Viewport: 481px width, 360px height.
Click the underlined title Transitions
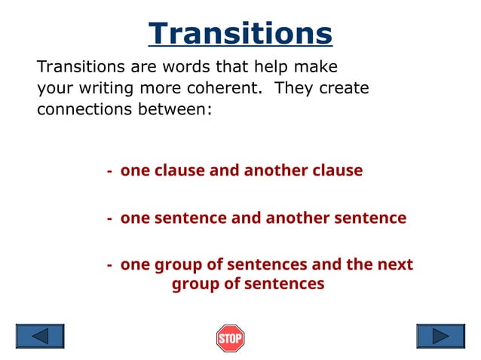[x=240, y=34]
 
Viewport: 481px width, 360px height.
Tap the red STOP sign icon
[x=230, y=338]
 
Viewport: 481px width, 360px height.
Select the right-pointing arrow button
[x=440, y=336]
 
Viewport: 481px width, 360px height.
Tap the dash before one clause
[x=110, y=171]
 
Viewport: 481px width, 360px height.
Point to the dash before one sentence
[x=110, y=218]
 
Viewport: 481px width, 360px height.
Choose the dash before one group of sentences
[x=110, y=265]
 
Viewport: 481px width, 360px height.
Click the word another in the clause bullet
[x=276, y=171]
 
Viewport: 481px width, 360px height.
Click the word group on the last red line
[x=193, y=285]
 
